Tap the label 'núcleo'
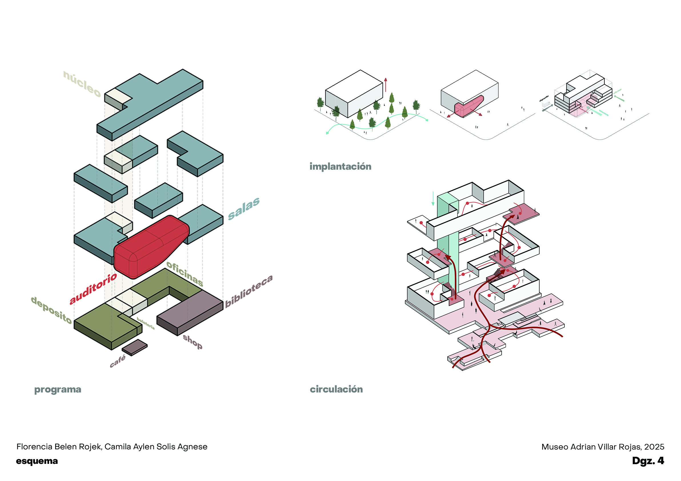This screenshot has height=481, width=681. pyautogui.click(x=82, y=84)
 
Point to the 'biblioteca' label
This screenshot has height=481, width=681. pyautogui.click(x=249, y=291)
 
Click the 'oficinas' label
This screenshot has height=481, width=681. pyautogui.click(x=185, y=274)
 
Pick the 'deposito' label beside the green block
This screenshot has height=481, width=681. pyautogui.click(x=51, y=310)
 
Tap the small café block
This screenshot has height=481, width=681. pyautogui.click(x=135, y=347)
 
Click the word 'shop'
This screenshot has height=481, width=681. pyautogui.click(x=193, y=342)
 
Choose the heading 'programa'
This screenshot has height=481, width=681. pyautogui.click(x=57, y=389)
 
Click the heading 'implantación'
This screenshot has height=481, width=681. pyautogui.click(x=340, y=166)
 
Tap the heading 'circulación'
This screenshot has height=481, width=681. pyautogui.click(x=336, y=389)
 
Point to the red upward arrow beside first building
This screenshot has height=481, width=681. pyautogui.click(x=386, y=85)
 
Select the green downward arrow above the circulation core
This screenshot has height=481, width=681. pyautogui.click(x=433, y=198)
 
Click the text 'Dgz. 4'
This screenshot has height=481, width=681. pyautogui.click(x=648, y=460)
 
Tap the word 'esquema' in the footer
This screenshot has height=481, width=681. pyautogui.click(x=37, y=461)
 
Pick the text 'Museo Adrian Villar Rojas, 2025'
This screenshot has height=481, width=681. pyautogui.click(x=602, y=447)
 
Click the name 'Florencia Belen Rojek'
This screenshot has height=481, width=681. pyautogui.click(x=59, y=447)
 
